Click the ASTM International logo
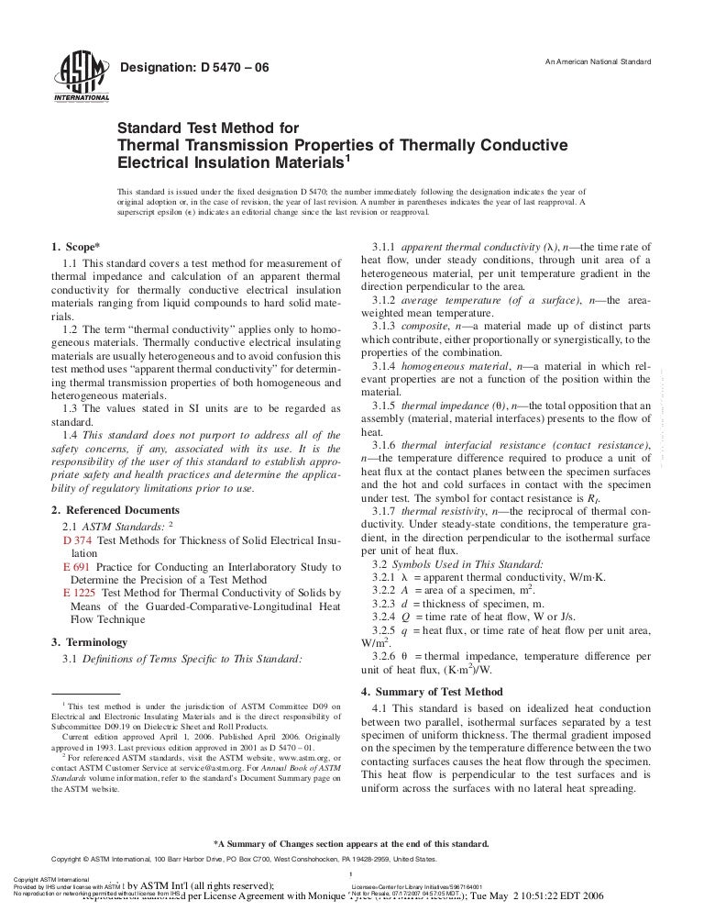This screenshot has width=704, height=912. (82, 74)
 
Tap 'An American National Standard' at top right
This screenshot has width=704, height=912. (598, 62)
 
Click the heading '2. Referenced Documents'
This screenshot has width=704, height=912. (115, 509)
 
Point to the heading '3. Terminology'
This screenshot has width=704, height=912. (90, 642)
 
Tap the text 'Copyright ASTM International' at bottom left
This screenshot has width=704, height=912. (40, 878)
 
